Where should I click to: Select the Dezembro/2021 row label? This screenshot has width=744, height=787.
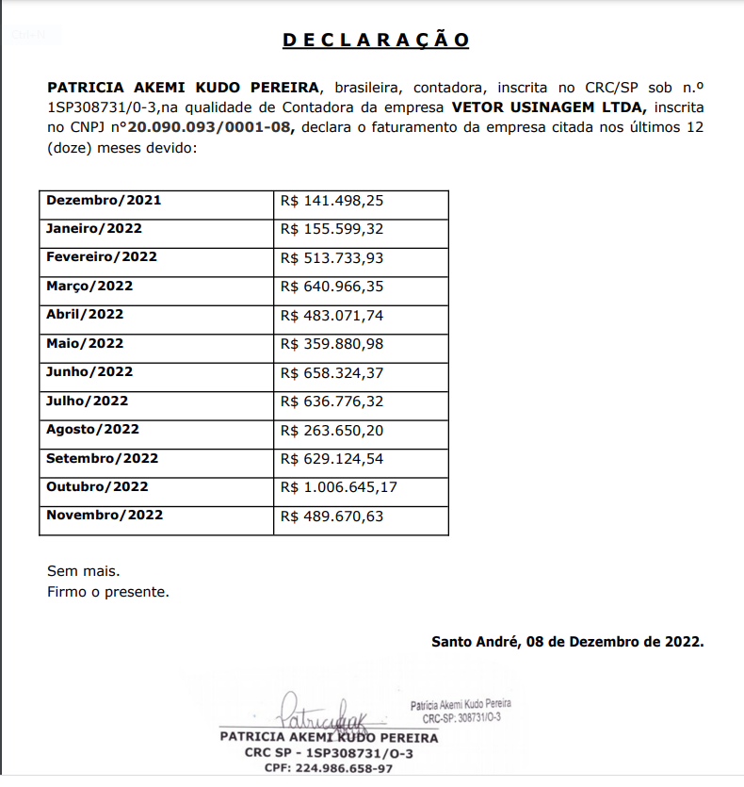coord(104,200)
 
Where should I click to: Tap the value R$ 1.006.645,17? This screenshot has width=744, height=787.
coord(339,487)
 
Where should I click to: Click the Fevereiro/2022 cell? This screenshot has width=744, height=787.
coord(102,256)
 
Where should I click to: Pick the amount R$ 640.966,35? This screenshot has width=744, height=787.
coord(332,286)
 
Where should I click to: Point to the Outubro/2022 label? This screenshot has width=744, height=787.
coord(98,486)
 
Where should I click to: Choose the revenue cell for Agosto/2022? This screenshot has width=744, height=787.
coord(332,430)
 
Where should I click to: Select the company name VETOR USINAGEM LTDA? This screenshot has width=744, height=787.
coord(548,107)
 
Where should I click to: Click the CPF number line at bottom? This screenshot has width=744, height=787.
coord(328,768)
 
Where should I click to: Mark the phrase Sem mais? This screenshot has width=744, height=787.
coord(84,571)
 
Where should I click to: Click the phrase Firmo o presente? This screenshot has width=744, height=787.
coord(108,592)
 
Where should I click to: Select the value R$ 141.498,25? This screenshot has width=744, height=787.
coord(332,200)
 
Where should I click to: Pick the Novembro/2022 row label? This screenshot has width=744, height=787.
coord(105,515)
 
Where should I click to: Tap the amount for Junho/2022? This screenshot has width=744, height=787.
coord(332,372)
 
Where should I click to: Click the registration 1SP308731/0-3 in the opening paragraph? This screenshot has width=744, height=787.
coord(102,107)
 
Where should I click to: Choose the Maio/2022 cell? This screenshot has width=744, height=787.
coord(85,343)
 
